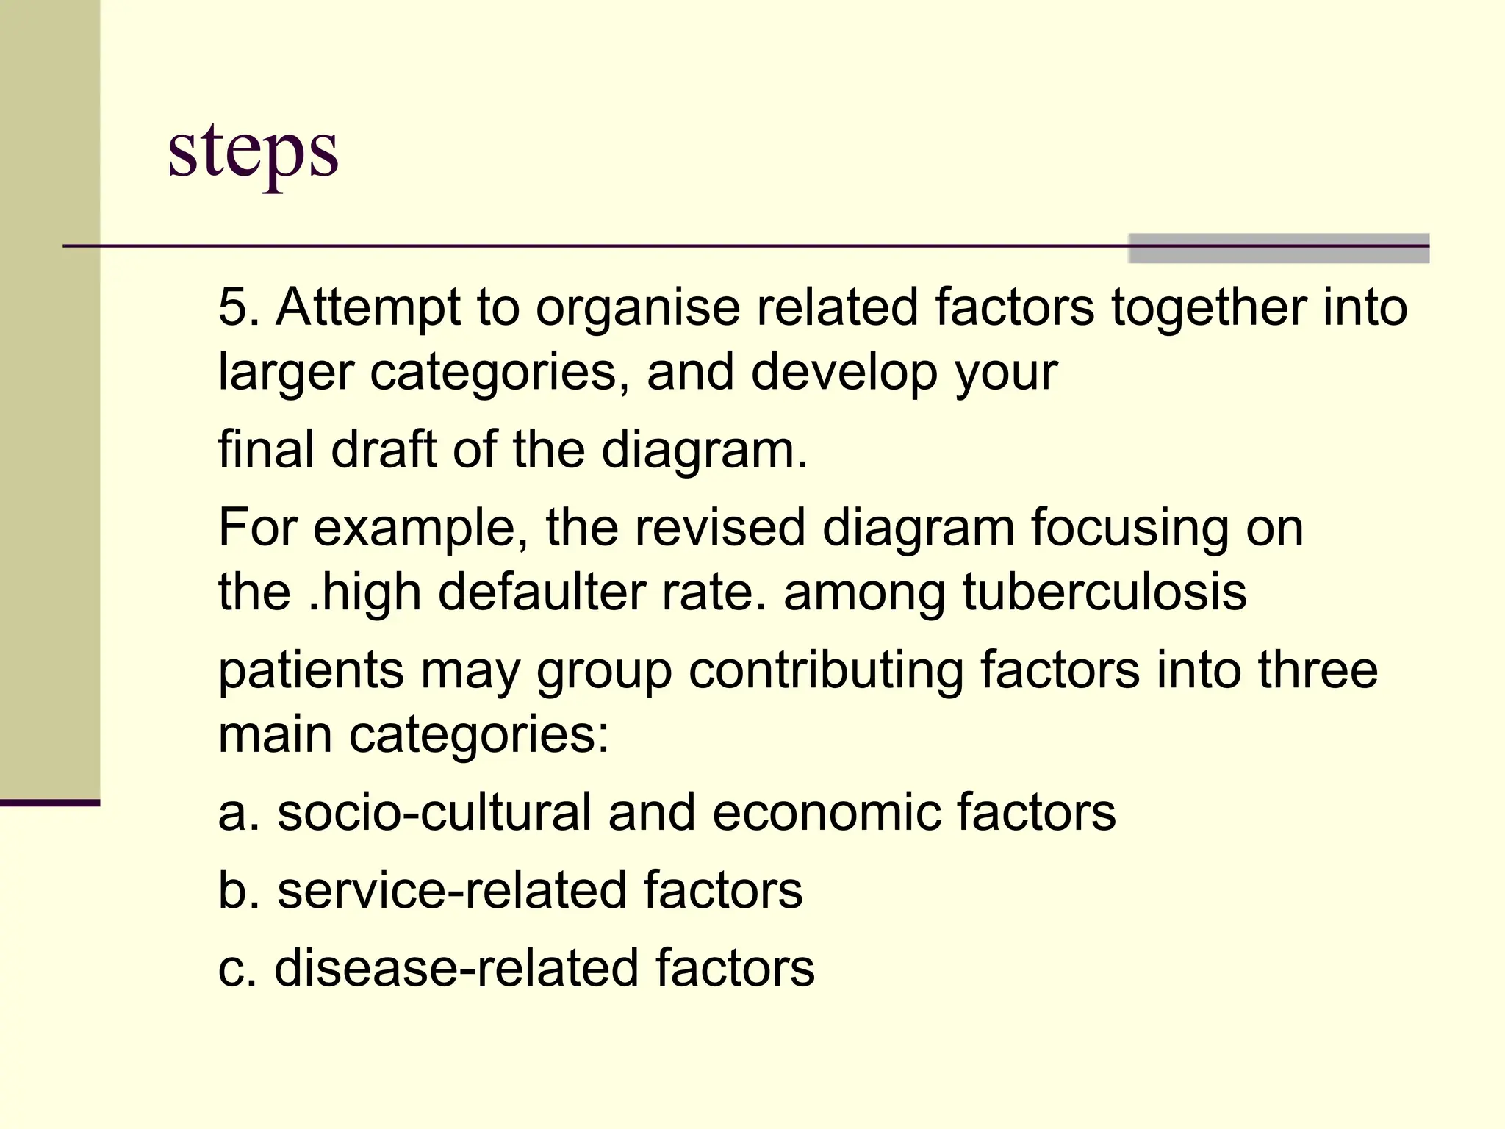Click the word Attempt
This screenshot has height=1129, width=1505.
click(367, 308)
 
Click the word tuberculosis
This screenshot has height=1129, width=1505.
click(1104, 592)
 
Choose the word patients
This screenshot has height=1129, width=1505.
click(311, 671)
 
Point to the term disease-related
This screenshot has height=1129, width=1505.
click(456, 968)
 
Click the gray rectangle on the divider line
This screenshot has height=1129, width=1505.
click(1278, 248)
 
